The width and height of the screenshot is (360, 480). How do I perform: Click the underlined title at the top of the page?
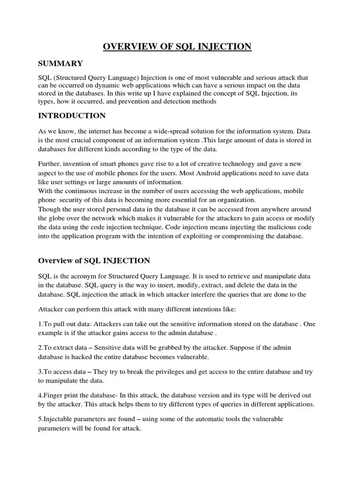pos(177,46)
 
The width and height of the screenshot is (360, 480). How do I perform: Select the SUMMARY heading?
pos(60,63)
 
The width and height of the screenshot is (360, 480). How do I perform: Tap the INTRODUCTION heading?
pos(72,115)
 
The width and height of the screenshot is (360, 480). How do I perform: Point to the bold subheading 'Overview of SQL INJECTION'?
pos(94,260)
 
